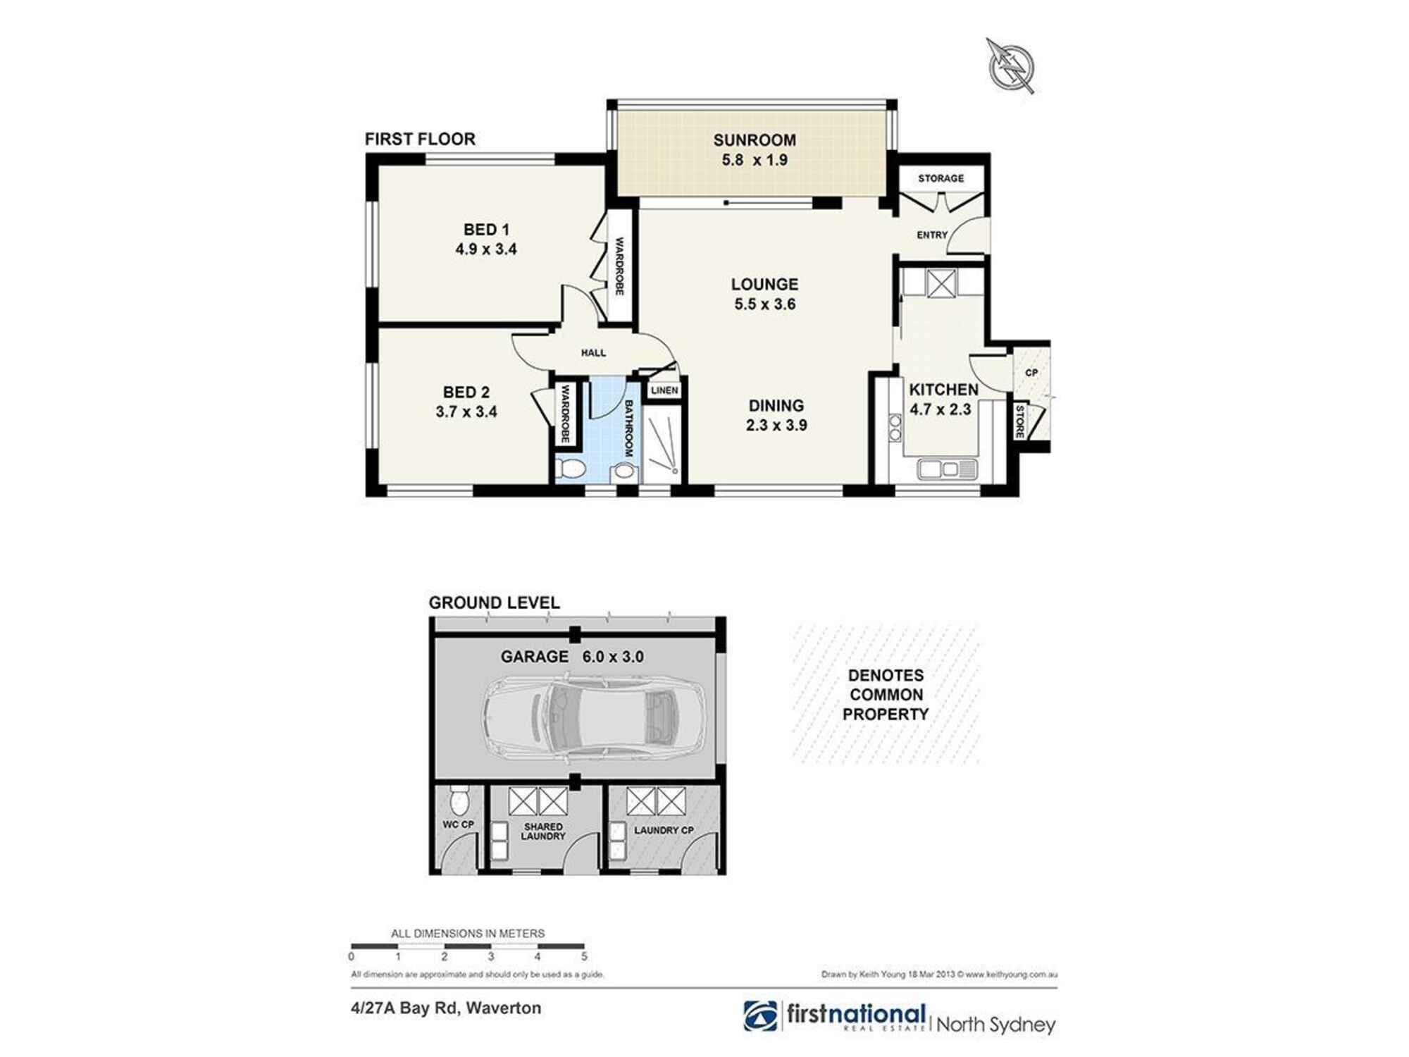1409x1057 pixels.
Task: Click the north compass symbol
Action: [x=1012, y=66]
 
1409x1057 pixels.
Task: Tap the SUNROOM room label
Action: [x=755, y=140]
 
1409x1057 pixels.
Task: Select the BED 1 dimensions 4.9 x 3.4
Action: [x=486, y=249]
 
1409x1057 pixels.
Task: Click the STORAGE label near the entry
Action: [x=941, y=179]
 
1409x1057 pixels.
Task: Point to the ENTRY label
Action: [x=931, y=235]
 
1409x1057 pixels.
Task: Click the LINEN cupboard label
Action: [x=664, y=390]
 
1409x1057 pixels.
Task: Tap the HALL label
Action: [x=593, y=352]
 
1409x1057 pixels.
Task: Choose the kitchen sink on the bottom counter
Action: [x=948, y=469]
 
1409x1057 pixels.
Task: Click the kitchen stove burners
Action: [x=895, y=427]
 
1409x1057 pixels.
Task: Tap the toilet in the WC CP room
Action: [x=459, y=801]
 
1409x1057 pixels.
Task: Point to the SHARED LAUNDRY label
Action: [x=543, y=832]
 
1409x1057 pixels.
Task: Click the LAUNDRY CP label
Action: [x=664, y=831]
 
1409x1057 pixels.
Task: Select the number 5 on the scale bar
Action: [x=584, y=957]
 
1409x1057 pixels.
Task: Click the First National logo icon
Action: [x=761, y=1015]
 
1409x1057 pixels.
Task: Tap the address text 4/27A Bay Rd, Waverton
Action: [x=446, y=1008]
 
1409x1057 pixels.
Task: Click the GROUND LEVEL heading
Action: [x=494, y=603]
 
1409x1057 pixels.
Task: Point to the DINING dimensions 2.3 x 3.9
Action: [x=776, y=426]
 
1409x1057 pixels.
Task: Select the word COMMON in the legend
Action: [x=886, y=695]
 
